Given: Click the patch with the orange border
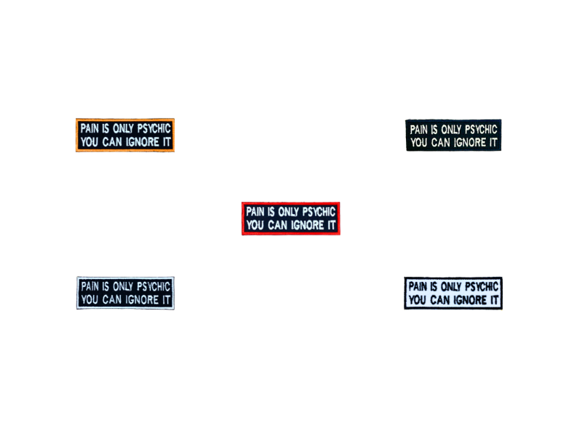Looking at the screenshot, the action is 125,135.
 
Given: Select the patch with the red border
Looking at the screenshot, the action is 290,219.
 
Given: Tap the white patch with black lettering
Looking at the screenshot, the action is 453,294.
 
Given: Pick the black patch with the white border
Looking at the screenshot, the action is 125,294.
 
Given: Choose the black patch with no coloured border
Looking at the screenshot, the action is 453,135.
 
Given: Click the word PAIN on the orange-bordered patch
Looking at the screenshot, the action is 89,129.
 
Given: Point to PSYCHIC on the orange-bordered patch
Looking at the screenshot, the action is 154,129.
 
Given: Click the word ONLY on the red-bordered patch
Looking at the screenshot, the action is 288,212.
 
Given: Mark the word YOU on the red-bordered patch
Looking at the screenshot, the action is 255,225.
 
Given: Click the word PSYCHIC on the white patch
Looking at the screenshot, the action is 482,286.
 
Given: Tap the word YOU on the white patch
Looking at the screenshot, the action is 417,300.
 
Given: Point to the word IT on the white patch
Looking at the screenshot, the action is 494,300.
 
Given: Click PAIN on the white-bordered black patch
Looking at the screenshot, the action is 89,286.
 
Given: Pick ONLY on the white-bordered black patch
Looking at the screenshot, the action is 123,286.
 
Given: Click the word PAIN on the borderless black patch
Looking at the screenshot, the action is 419,130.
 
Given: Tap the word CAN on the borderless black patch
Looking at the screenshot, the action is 440,142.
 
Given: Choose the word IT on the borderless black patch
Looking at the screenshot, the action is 493,142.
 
